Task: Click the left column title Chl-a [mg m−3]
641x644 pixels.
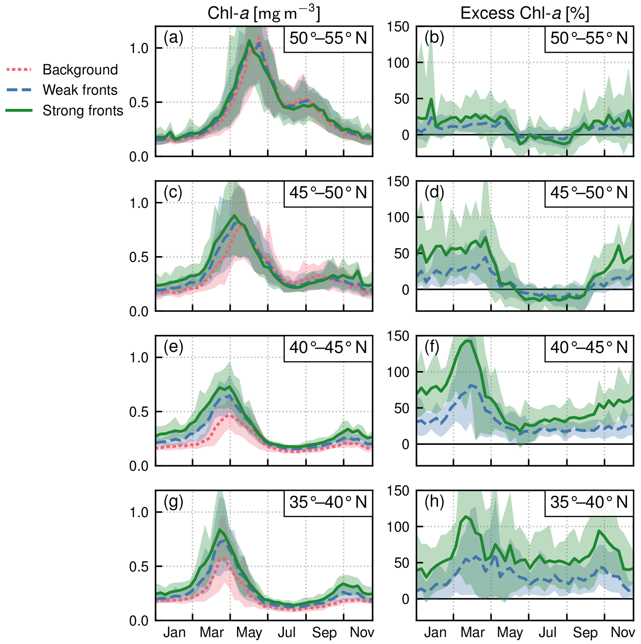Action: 264,14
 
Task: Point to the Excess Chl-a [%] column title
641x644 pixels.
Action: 525,14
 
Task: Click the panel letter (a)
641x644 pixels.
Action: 173,38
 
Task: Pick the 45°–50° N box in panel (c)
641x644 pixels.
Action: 328,193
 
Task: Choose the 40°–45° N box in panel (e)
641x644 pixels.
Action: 328,348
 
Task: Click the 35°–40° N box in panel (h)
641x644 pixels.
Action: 589,502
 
